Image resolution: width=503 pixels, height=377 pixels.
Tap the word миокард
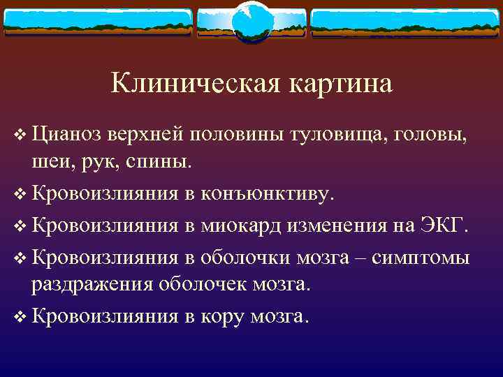[240, 226]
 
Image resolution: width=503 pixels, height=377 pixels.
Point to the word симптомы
[422, 257]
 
